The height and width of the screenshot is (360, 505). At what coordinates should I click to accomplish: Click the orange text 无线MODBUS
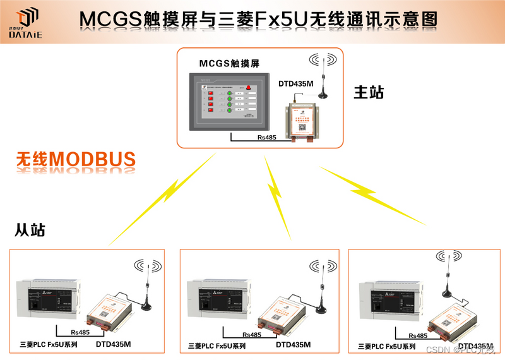pyautogui.click(x=76, y=159)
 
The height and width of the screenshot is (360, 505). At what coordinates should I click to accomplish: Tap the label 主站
pyautogui.click(x=368, y=92)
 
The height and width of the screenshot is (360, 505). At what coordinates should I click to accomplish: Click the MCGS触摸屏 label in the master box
pyautogui.click(x=229, y=63)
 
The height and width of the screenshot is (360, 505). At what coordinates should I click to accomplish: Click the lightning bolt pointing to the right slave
pyautogui.click(x=372, y=193)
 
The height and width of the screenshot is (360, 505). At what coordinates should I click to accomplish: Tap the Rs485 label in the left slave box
pyautogui.click(x=80, y=332)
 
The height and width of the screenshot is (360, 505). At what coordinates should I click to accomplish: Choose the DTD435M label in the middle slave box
pyautogui.click(x=293, y=345)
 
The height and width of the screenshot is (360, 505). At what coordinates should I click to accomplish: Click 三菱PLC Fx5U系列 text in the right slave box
pyautogui.click(x=386, y=346)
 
